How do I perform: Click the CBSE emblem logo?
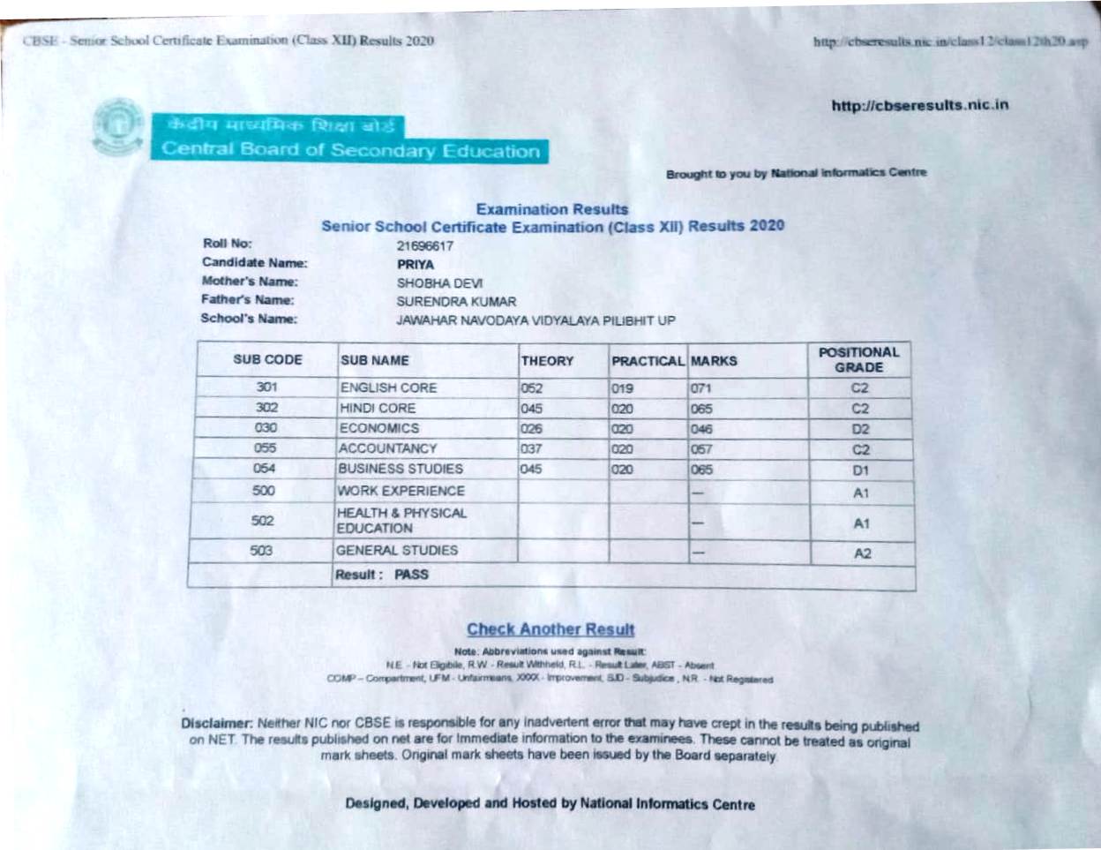[x=118, y=127]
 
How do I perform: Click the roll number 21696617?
[x=425, y=245]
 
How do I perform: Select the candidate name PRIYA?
[x=416, y=264]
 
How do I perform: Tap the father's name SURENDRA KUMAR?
[x=456, y=302]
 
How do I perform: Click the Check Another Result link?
[x=550, y=629]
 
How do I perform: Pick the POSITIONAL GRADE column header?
[x=859, y=359]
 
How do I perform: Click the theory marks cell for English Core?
[x=532, y=388]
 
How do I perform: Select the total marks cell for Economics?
[x=701, y=429]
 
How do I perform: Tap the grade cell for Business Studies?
[x=860, y=470]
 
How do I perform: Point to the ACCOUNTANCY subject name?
[x=388, y=448]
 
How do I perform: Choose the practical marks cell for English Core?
[x=622, y=388]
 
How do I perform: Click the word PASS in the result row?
[x=411, y=575]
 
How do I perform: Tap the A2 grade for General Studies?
[x=862, y=553]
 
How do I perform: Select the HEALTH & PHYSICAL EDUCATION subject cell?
[x=401, y=521]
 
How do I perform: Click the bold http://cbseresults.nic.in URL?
[x=919, y=105]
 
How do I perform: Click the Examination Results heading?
[x=552, y=209]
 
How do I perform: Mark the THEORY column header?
[x=547, y=361]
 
